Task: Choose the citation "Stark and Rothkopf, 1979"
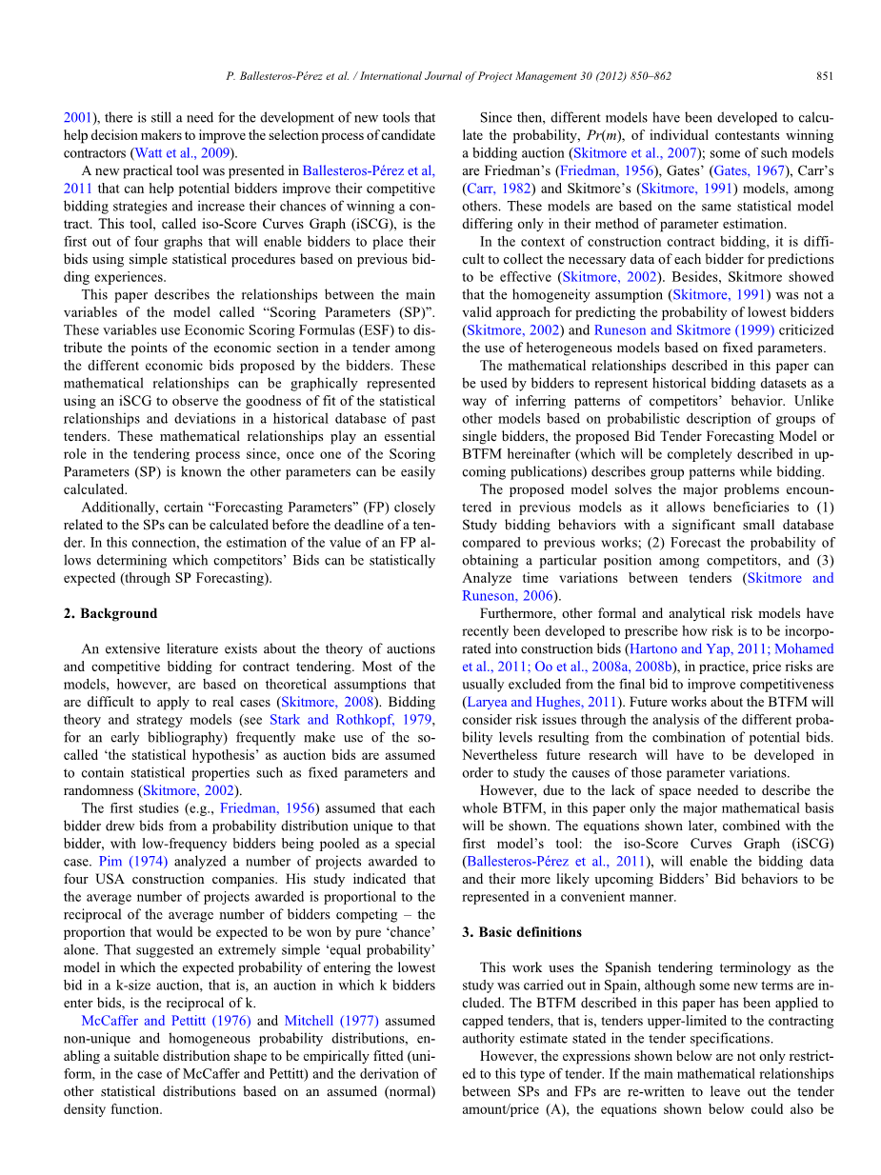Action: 351,719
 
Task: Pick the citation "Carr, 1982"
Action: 494,189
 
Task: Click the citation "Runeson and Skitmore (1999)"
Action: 684,329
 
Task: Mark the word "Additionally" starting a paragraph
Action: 121,507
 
